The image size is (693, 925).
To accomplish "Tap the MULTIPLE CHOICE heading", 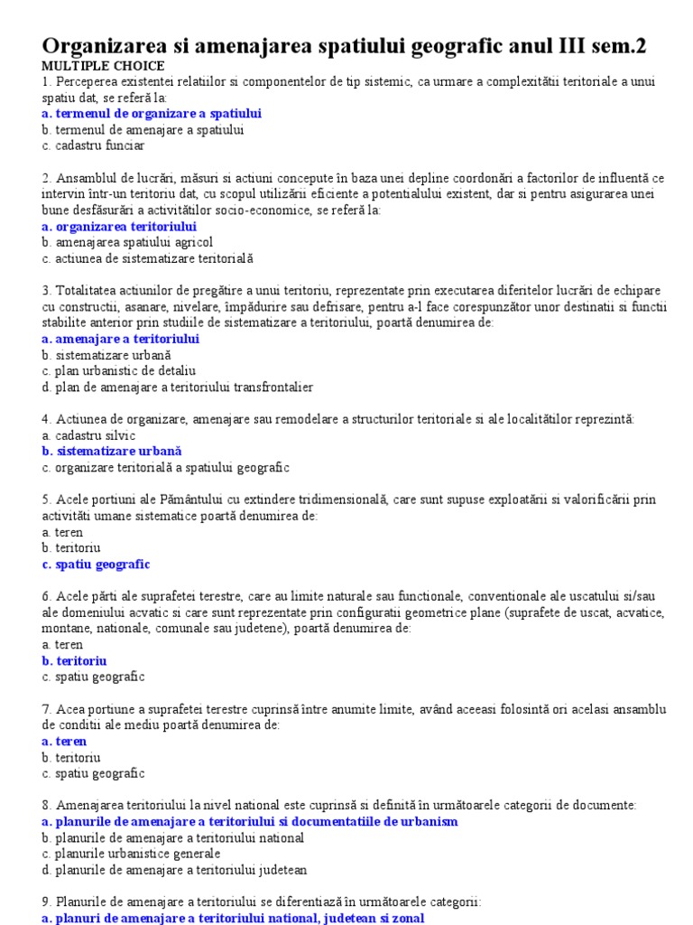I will coord(103,66).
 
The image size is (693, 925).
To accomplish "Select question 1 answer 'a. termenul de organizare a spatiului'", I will coord(152,114).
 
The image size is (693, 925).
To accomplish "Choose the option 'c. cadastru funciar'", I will coord(93,145).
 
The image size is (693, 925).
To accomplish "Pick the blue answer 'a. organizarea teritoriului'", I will coord(119,227).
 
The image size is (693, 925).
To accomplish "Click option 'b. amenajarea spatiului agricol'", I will coord(127,242).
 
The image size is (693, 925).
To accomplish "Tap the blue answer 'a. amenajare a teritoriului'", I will coord(120,339).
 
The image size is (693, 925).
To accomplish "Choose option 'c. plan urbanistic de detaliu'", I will coord(118,371).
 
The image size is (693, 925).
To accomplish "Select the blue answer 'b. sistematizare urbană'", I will coord(112,451).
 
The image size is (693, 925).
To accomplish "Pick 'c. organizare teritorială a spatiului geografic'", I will coord(165,467).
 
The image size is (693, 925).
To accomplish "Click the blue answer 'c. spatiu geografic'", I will coord(96,565).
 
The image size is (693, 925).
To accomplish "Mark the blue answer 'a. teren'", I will coord(64,742).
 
